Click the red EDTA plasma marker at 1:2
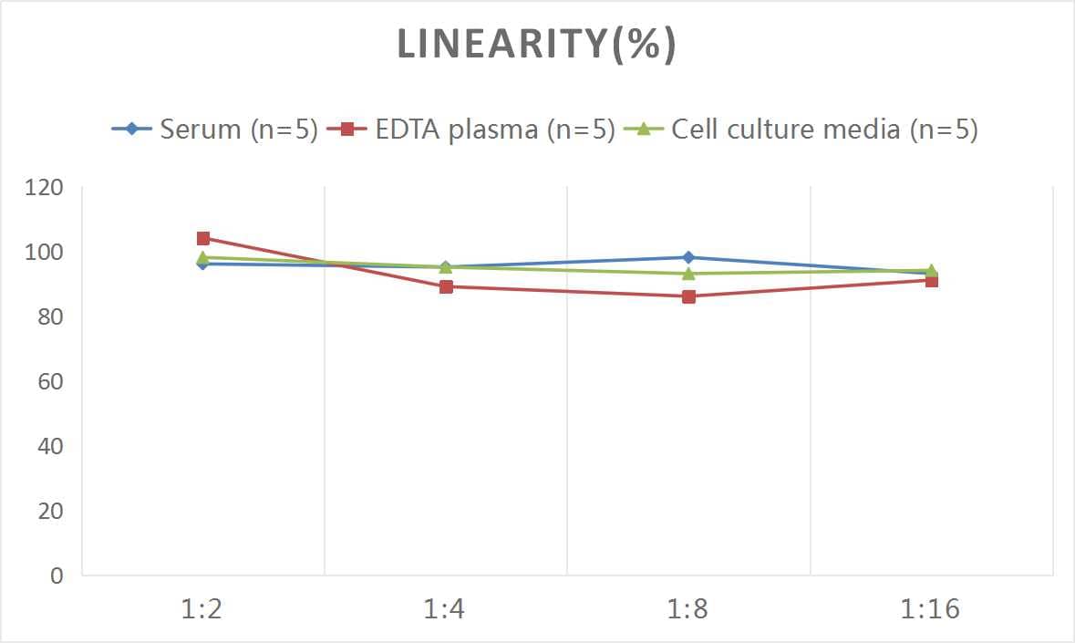(x=203, y=238)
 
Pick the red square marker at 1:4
(x=446, y=286)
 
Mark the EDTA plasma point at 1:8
(x=688, y=296)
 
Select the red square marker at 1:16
(x=932, y=281)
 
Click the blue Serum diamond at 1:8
(x=688, y=257)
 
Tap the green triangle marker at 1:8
(x=688, y=274)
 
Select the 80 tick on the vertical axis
(x=49, y=317)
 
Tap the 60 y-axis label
(x=49, y=381)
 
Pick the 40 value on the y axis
(x=49, y=446)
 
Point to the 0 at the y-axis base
(x=57, y=576)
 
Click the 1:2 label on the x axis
(x=202, y=609)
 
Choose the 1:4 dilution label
(x=445, y=609)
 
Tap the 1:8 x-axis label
(x=688, y=609)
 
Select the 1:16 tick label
(x=931, y=609)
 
